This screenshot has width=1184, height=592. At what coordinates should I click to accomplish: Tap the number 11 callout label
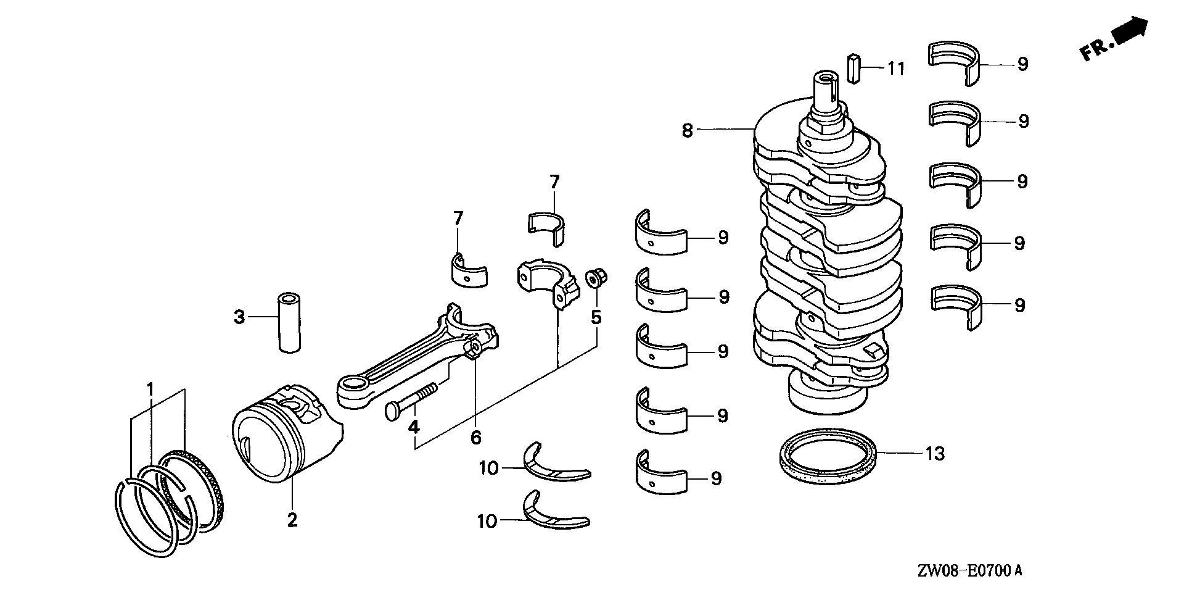895,68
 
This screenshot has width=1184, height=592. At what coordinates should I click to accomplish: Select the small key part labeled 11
853,67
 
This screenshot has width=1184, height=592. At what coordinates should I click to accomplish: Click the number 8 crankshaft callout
688,130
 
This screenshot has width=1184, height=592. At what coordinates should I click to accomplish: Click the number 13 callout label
935,454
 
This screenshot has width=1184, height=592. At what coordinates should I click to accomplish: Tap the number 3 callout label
239,317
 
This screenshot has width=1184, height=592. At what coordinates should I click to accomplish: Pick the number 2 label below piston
292,520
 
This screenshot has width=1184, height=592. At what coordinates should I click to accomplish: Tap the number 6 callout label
475,437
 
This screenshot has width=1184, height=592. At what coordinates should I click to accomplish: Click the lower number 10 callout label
487,522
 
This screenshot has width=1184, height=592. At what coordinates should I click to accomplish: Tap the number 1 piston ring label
150,389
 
